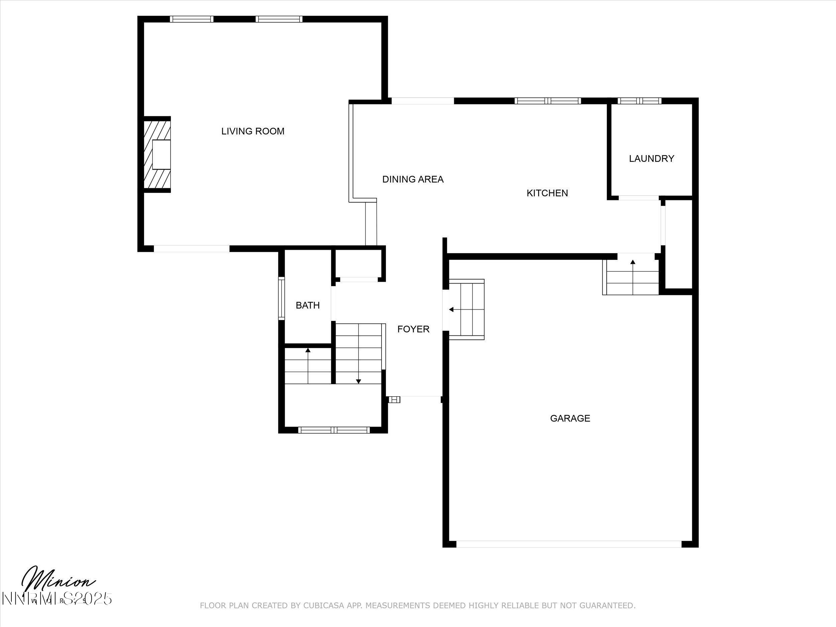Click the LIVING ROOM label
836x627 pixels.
click(x=252, y=131)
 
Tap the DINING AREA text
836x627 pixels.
click(x=413, y=179)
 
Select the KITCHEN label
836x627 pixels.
click(x=547, y=193)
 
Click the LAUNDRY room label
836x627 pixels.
click(x=651, y=159)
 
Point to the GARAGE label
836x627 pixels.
click(x=569, y=418)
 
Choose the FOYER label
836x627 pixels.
click(x=413, y=329)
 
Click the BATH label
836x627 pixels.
click(x=307, y=305)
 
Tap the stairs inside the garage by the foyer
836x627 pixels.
click(x=466, y=310)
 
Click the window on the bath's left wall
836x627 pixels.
click(x=281, y=298)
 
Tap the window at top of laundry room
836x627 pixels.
click(x=639, y=101)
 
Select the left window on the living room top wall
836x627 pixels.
click(x=191, y=19)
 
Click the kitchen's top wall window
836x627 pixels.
click(x=547, y=101)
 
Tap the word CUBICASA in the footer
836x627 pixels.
click(x=323, y=616)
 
